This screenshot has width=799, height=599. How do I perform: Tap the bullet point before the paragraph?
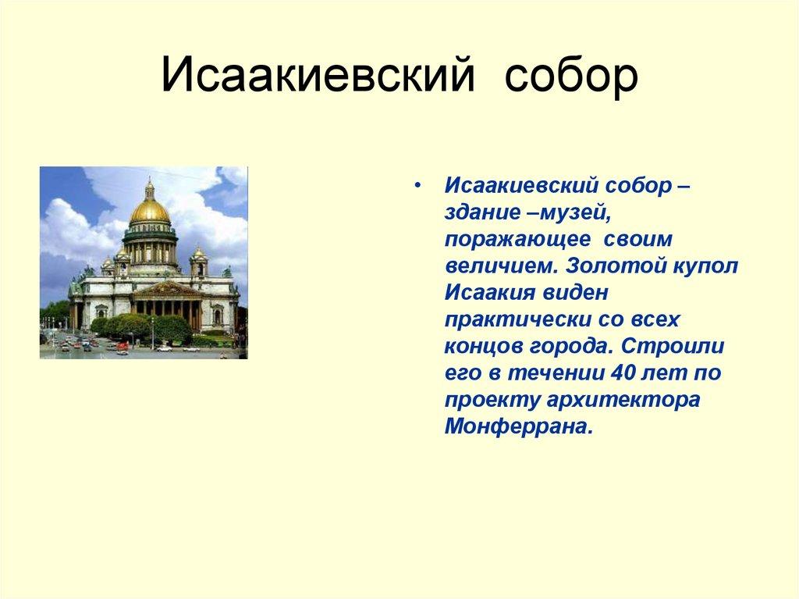419,187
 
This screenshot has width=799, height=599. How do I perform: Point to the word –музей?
566,213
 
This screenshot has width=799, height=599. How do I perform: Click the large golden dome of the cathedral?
150,212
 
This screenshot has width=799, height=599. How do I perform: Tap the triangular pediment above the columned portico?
165,290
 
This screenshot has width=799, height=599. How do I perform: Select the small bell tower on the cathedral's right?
199,262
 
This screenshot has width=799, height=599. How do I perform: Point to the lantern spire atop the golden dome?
149,188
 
